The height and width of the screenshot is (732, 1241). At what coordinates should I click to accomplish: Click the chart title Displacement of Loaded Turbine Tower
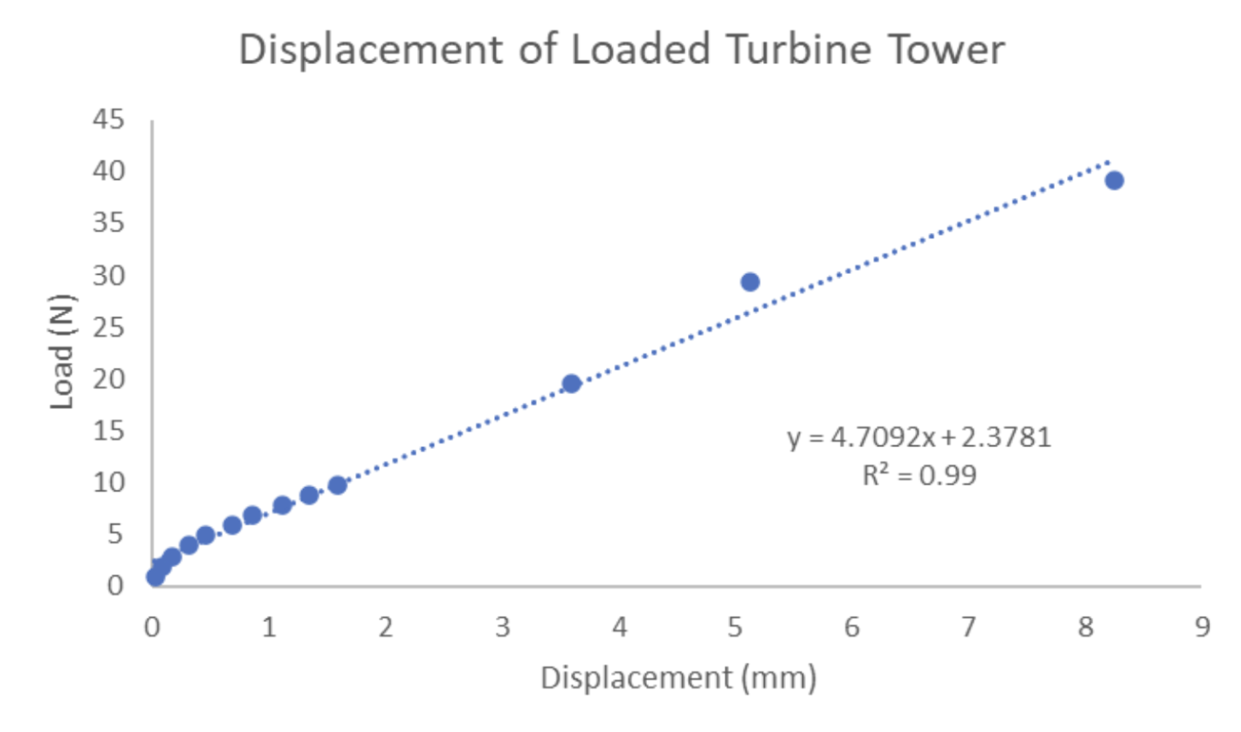click(621, 49)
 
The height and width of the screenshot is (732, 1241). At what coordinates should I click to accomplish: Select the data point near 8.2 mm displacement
click(1114, 180)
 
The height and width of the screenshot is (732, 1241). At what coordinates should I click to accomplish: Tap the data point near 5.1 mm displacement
click(750, 282)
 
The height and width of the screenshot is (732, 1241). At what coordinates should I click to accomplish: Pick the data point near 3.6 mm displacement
click(572, 384)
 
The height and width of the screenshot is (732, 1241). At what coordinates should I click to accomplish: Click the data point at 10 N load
click(338, 485)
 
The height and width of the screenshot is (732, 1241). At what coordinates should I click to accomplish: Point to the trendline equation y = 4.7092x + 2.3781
click(919, 438)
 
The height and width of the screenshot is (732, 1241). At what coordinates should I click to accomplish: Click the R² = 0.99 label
click(919, 475)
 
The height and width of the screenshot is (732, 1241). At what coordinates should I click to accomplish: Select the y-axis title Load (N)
click(61, 351)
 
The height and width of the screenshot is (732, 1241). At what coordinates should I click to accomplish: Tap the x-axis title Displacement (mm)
click(679, 678)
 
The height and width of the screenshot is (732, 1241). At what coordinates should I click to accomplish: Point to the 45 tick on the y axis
click(109, 119)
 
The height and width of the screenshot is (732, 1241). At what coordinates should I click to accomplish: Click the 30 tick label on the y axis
click(109, 276)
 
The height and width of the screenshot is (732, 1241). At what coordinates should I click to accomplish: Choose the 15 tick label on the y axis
click(109, 431)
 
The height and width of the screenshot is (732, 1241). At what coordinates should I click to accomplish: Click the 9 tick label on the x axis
click(1203, 628)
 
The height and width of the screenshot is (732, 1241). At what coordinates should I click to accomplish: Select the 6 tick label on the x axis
click(852, 628)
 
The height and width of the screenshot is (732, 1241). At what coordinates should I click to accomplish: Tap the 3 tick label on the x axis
click(502, 628)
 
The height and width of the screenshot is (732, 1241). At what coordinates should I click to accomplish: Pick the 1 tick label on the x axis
click(269, 628)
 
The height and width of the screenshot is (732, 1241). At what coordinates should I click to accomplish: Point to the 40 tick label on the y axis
click(109, 171)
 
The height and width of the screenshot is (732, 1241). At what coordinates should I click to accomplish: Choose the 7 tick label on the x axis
click(969, 628)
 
